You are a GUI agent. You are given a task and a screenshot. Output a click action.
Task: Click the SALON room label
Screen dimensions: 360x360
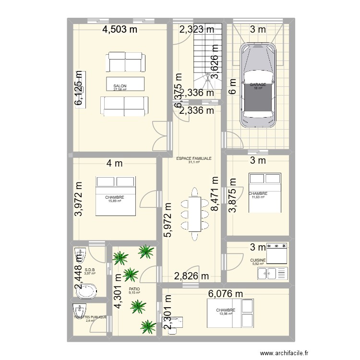[x=120, y=86]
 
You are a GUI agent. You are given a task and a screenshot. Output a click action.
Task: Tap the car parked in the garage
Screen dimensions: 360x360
[x=259, y=87]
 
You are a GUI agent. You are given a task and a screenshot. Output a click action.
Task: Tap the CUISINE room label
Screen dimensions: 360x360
[x=258, y=260]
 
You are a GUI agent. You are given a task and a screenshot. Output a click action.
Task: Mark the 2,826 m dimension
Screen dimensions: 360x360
[x=192, y=276]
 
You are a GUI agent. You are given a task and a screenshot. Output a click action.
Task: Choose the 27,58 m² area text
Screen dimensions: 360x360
[x=120, y=89]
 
